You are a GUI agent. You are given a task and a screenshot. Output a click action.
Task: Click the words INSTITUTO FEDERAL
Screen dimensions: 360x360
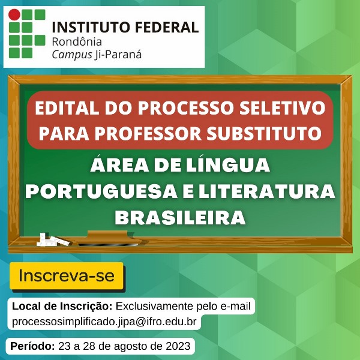click(125, 28)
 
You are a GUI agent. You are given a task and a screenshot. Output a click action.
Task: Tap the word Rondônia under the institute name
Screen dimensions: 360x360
click(77, 42)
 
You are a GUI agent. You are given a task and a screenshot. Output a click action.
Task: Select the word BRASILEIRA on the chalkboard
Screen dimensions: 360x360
click(181, 217)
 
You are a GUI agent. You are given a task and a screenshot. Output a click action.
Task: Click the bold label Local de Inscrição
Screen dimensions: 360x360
click(62, 307)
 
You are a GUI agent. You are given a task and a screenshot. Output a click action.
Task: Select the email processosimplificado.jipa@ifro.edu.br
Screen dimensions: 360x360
click(104, 322)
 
